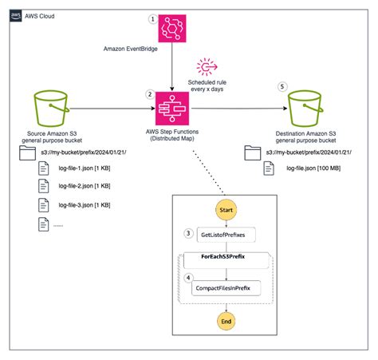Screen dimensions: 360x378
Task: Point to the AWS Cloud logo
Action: [14, 15]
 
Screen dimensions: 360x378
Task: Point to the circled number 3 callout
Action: [188, 233]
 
